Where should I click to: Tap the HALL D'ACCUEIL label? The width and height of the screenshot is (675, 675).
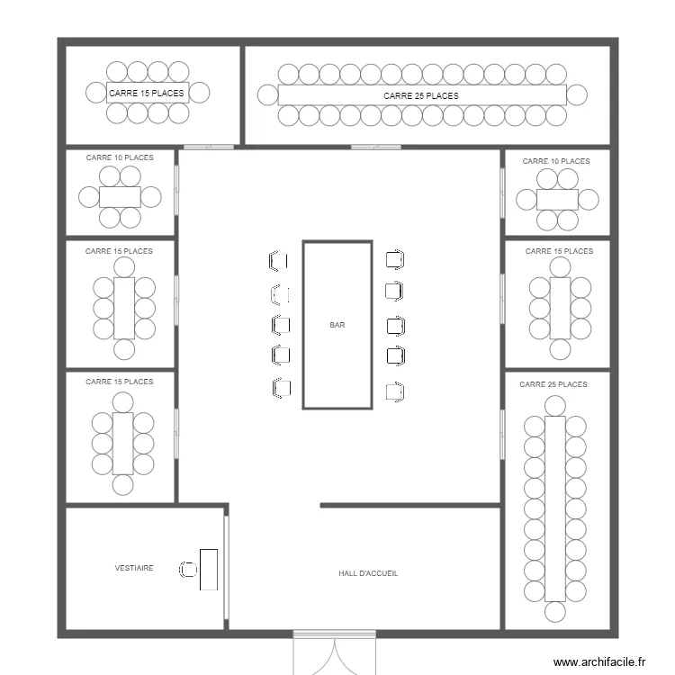(368, 573)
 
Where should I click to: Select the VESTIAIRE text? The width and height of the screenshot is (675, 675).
(134, 568)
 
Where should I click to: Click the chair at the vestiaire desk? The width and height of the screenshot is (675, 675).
(188, 569)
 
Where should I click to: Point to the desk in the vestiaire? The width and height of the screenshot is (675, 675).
(209, 569)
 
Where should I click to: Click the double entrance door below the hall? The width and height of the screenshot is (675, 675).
(334, 653)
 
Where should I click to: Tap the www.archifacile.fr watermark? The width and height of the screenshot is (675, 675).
(599, 661)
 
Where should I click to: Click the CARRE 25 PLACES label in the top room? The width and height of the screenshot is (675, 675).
(420, 95)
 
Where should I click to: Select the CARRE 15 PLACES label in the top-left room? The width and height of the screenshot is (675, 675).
(147, 93)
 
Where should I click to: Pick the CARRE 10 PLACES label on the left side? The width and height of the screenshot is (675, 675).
(120, 157)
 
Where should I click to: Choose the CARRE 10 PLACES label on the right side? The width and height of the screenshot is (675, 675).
(556, 161)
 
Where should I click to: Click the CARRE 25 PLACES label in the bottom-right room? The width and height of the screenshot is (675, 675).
(553, 384)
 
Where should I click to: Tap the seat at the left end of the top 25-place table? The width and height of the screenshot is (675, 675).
(267, 94)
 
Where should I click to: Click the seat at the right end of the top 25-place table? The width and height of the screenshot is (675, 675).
(577, 94)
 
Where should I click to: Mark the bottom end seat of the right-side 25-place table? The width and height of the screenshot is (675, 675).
(555, 612)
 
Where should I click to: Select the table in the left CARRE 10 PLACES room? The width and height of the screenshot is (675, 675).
(120, 197)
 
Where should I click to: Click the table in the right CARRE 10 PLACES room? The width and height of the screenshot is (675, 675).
(557, 200)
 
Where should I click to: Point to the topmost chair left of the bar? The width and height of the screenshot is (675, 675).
(278, 261)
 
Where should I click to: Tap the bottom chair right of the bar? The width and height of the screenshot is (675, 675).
(393, 391)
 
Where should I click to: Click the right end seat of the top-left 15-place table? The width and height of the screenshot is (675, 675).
(200, 92)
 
